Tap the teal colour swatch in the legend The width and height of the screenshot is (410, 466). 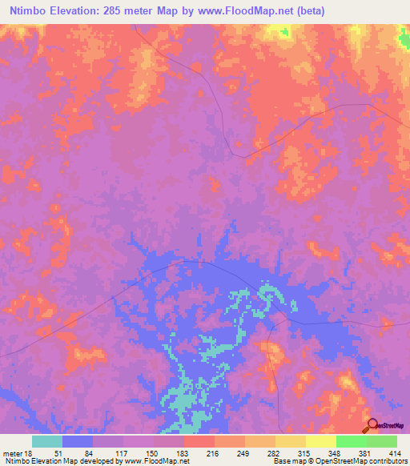pyautogui.click(x=47, y=442)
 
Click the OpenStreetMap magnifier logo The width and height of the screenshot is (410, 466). pyautogui.click(x=372, y=425)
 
